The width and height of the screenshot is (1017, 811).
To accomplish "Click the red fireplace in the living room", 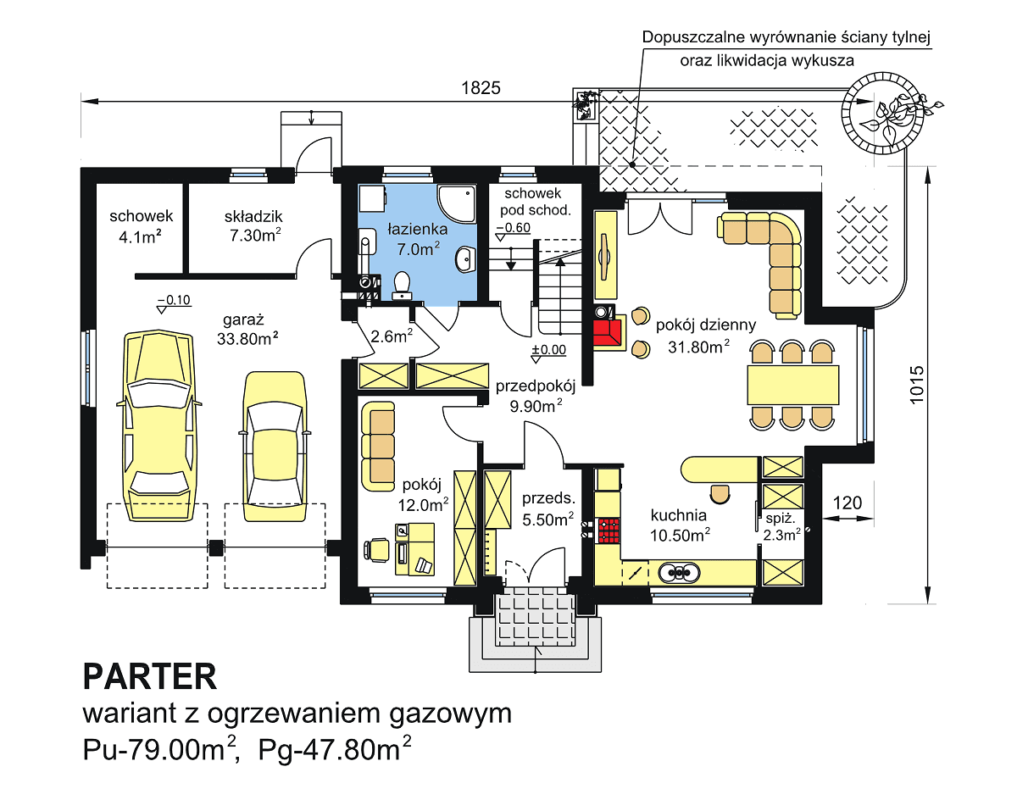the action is click(x=607, y=332).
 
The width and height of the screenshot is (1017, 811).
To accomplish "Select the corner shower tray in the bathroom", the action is click(x=457, y=203).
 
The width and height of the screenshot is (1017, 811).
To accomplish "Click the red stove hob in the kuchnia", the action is click(x=609, y=530).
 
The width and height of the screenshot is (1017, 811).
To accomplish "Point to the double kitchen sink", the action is click(x=679, y=572).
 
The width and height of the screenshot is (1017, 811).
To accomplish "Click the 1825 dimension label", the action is click(x=481, y=88).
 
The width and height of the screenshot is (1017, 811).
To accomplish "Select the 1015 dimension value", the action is click(x=917, y=386).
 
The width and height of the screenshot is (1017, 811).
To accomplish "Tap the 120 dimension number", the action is click(x=847, y=503).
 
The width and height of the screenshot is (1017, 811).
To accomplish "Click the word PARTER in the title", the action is click(x=150, y=677).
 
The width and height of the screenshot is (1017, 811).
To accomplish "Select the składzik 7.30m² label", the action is click(x=253, y=226).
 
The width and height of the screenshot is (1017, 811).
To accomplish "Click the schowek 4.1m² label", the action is click(x=141, y=226).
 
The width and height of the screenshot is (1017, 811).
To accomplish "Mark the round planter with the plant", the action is click(x=882, y=114).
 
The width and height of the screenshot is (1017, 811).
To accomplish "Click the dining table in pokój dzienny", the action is click(x=792, y=385).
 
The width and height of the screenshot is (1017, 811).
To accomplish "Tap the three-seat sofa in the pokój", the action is click(x=378, y=447).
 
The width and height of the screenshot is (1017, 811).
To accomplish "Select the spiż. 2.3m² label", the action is click(x=781, y=527).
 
